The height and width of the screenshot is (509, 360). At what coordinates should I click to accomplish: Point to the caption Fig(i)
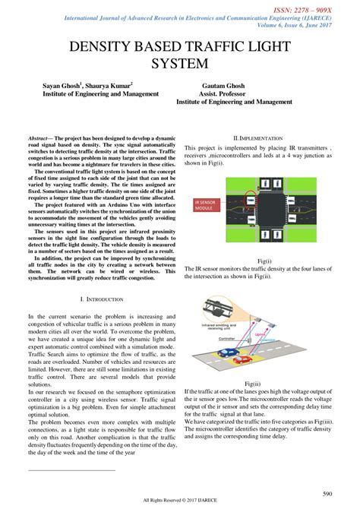pos(258,261)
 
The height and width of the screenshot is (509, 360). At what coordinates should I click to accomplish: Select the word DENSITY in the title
pos(104,46)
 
